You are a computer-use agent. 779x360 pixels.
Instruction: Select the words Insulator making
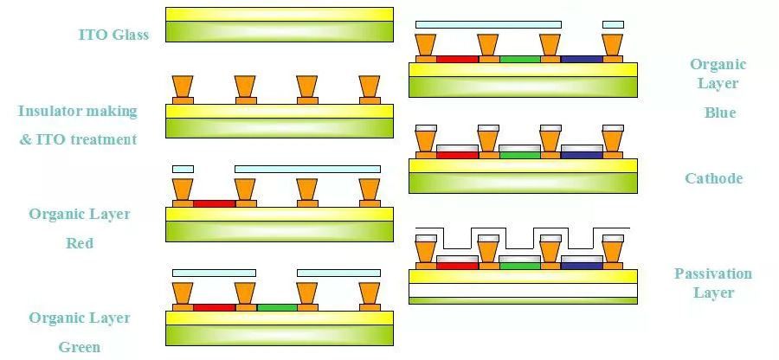tap(77, 112)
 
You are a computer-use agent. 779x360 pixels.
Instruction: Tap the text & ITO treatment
tap(79, 139)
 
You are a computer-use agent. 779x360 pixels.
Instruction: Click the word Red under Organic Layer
tap(80, 243)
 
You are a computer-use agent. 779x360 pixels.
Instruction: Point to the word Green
tap(80, 347)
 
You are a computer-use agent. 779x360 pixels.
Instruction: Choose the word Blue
tap(720, 112)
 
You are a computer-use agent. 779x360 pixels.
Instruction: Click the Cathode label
tap(714, 178)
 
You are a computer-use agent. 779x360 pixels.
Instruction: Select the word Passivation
tap(713, 273)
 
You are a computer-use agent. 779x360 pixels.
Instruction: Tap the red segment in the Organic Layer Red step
tap(214, 203)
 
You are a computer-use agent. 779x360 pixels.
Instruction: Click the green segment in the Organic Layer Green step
tap(277, 307)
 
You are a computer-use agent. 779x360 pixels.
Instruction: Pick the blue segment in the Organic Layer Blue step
tap(582, 59)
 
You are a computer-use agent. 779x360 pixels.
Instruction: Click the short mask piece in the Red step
tap(183, 168)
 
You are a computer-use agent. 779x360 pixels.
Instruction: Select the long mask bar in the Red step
tap(307, 168)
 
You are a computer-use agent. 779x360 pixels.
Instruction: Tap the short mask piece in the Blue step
tap(613, 24)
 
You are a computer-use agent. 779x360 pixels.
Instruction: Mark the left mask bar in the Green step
tap(214, 273)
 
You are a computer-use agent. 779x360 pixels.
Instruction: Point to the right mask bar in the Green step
tap(338, 273)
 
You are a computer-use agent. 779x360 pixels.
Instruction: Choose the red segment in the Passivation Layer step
tap(457, 266)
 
